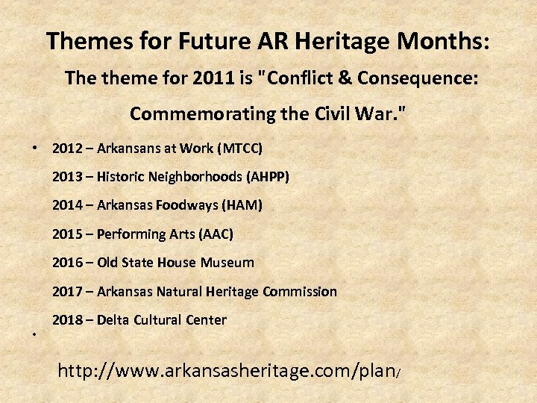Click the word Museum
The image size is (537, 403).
pyautogui.click(x=226, y=263)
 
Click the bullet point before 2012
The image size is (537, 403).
pyautogui.click(x=35, y=149)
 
